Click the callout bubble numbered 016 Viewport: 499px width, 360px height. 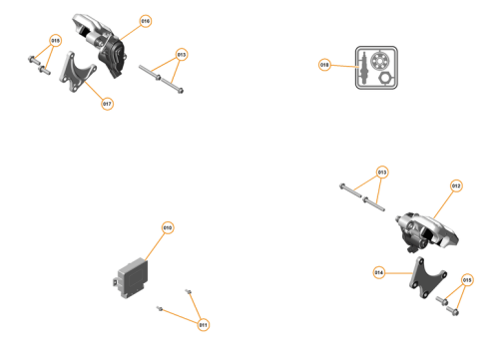tap(145, 20)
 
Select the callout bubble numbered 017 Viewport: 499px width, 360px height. tap(107, 103)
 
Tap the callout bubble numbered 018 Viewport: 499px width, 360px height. tap(324, 65)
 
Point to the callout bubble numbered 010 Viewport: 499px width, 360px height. tap(168, 228)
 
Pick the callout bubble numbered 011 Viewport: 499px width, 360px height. tap(203, 324)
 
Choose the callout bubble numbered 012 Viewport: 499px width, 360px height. tap(456, 185)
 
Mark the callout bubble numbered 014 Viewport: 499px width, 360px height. tap(379, 271)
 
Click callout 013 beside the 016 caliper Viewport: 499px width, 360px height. tap(181, 54)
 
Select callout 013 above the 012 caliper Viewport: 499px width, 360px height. tap(381, 171)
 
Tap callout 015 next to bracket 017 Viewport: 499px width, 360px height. tap(55, 41)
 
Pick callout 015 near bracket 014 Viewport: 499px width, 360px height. tap(467, 281)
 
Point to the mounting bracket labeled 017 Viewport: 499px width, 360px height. tap(78, 76)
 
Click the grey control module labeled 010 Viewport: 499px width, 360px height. tap(130, 278)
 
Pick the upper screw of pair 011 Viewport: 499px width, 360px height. tap(188, 291)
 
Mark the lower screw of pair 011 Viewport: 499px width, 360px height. tap(160, 310)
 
